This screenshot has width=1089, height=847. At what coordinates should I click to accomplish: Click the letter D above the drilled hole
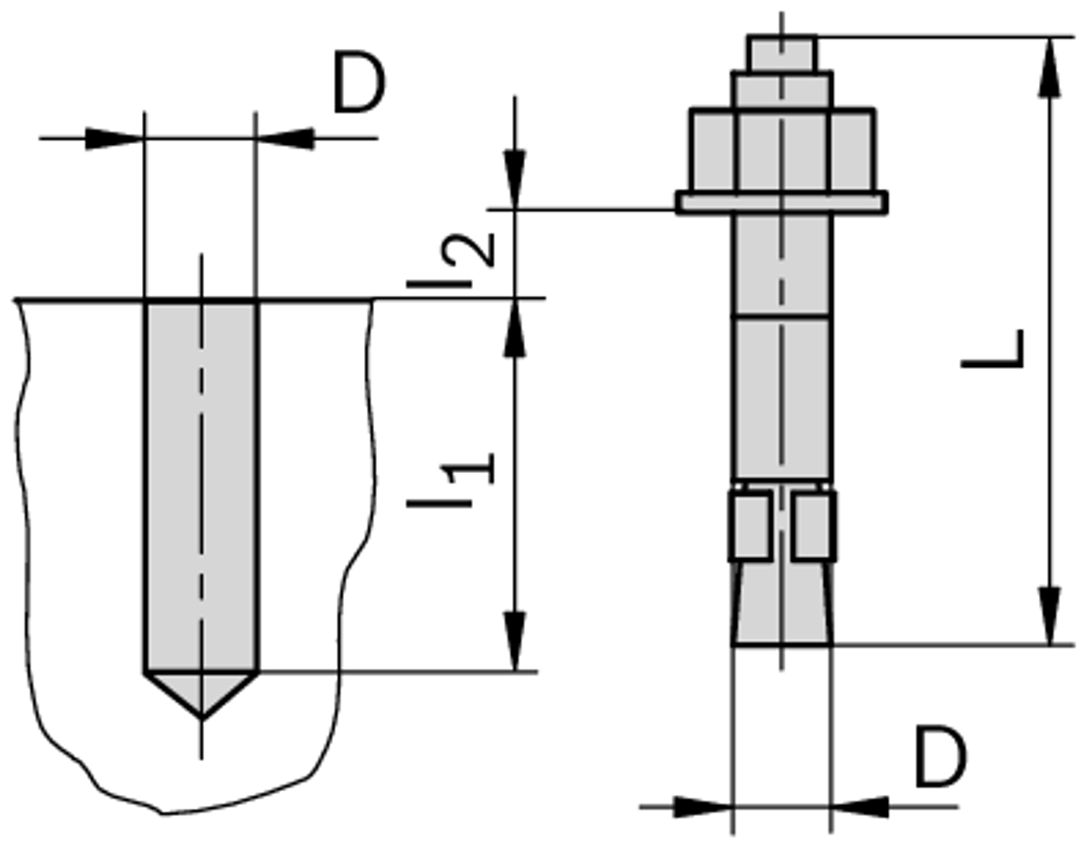(358, 82)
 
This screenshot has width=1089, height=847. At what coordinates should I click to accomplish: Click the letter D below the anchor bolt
(940, 758)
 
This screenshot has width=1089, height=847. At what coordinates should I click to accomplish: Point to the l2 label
(451, 259)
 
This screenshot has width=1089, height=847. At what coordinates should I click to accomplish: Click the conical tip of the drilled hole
(202, 693)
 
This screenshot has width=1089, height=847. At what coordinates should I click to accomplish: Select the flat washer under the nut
(782, 202)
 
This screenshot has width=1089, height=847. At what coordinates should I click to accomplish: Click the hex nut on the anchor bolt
(782, 150)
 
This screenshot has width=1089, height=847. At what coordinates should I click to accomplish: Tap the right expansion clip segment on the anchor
(814, 525)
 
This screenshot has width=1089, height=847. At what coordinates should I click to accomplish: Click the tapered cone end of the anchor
(782, 602)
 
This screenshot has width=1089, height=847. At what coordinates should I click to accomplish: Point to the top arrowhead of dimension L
(1050, 68)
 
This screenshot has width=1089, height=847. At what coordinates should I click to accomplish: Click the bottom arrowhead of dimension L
(1050, 615)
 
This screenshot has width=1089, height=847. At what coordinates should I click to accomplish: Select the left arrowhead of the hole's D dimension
(115, 138)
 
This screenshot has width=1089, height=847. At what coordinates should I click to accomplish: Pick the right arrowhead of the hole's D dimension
(285, 138)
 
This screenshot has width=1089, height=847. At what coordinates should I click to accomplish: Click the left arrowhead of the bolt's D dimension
(703, 807)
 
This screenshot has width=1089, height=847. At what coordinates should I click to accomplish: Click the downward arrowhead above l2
(515, 178)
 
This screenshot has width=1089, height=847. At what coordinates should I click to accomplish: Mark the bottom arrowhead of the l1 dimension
(515, 641)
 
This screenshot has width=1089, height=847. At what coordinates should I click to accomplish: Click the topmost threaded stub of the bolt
(782, 54)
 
